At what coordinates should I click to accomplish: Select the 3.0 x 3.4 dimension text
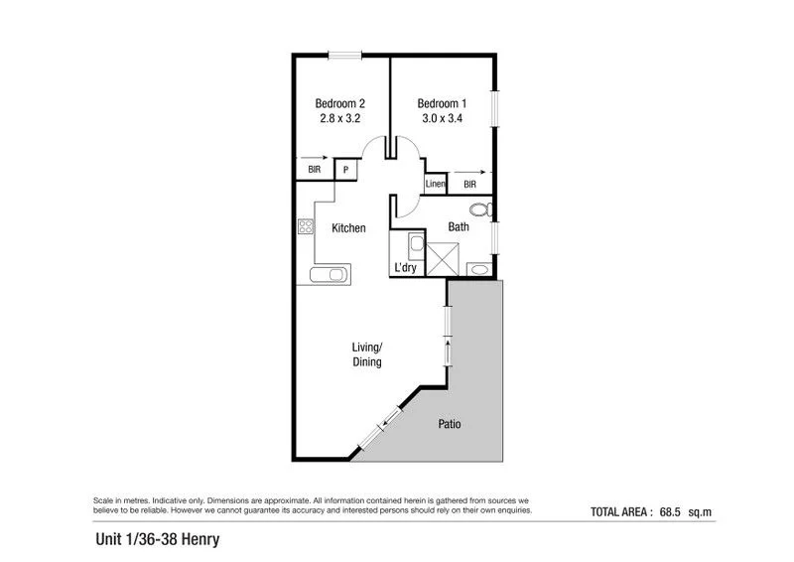(441, 118)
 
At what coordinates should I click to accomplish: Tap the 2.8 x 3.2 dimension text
(338, 118)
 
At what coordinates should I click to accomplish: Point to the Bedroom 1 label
(441, 103)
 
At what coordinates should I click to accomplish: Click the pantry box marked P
(345, 170)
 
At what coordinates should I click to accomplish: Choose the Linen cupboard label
(435, 185)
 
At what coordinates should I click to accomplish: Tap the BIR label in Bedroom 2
(314, 170)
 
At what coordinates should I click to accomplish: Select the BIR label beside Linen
(469, 185)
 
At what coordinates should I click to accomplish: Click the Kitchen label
(348, 228)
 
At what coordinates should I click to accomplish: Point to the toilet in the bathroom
(480, 211)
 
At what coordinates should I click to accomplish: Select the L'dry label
(405, 267)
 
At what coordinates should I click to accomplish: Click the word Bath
(459, 227)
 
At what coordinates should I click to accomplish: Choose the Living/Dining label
(367, 354)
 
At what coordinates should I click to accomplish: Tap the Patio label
(450, 424)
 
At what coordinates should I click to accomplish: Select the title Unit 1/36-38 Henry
(157, 540)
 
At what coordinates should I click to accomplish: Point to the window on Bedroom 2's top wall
(344, 56)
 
